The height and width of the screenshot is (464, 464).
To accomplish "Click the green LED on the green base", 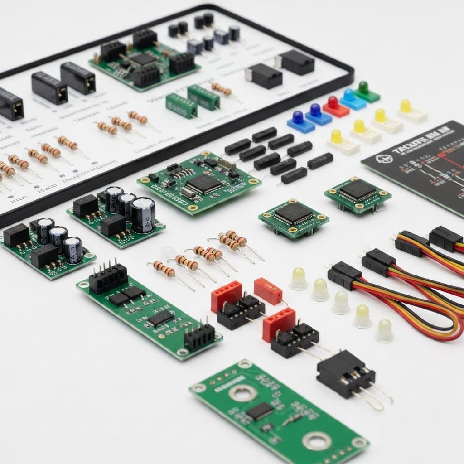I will coord(363,87).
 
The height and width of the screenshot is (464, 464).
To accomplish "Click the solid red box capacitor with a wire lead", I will coord(268,290).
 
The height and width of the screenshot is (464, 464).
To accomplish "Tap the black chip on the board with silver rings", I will coord(260,411).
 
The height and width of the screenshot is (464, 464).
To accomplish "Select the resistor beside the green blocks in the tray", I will coord(222,89).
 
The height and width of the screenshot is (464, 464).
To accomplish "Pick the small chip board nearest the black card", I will coord(358,193).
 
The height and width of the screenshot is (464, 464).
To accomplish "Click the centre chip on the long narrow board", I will coord(160,318).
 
